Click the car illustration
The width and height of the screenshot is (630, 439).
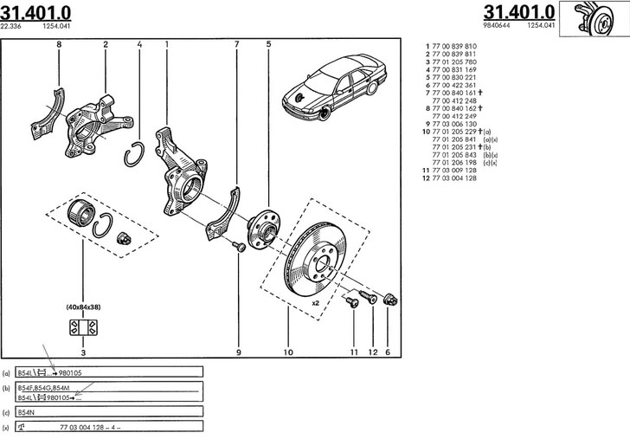(x=333, y=87)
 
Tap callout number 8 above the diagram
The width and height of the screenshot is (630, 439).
(x=59, y=42)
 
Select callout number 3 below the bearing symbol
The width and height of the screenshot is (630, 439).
(x=82, y=352)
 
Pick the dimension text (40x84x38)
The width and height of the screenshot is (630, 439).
(x=82, y=307)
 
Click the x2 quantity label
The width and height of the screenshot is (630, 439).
(x=316, y=303)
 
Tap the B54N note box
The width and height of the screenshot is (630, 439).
(x=108, y=411)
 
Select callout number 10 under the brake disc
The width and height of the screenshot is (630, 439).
(x=288, y=352)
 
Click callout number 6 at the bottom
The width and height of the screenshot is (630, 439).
(x=387, y=352)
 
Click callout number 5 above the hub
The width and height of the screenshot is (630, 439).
(x=268, y=42)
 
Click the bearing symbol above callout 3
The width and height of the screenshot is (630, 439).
(x=82, y=328)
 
